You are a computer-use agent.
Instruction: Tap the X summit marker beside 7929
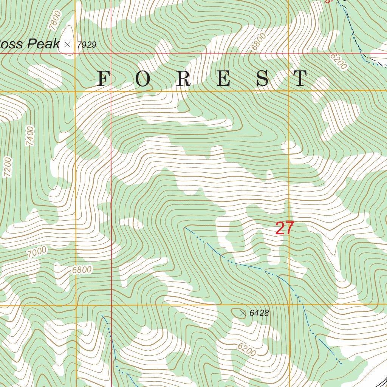[68, 44]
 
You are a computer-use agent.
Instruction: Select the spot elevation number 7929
[87, 45]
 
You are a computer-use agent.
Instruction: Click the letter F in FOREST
[102, 79]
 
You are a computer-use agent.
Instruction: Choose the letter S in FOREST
[263, 79]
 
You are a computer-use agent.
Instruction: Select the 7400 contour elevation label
[30, 136]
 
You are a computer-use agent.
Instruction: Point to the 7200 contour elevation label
[8, 167]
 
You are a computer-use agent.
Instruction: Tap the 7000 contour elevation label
[37, 252]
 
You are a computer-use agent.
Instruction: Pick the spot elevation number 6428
[259, 313]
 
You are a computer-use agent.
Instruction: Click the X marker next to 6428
[243, 313]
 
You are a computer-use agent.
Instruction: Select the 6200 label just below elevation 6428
[247, 350]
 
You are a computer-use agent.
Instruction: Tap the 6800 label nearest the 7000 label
[82, 270]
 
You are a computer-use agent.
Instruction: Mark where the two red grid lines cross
[111, 53]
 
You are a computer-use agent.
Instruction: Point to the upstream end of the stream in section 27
[185, 228]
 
